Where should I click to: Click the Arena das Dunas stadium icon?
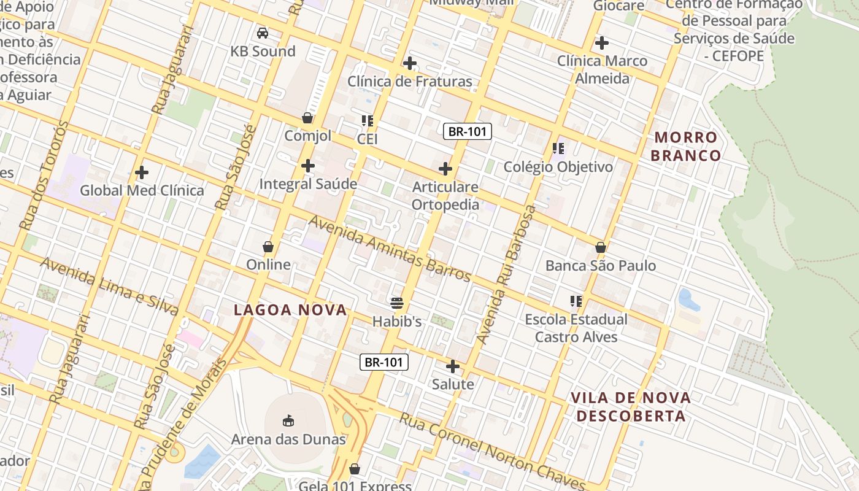pyautogui.click(x=288, y=420)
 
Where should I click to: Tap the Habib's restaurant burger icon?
pyautogui.click(x=397, y=303)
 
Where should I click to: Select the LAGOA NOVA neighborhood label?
pyautogui.click(x=290, y=311)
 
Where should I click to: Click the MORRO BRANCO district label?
pyautogui.click(x=685, y=146)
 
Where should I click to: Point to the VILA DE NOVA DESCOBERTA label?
pyautogui.click(x=631, y=406)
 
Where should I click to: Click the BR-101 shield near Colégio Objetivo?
pyautogui.click(x=468, y=131)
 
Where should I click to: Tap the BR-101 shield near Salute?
pyautogui.click(x=384, y=362)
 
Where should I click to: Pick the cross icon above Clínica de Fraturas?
pyautogui.click(x=409, y=63)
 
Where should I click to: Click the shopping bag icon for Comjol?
pyautogui.click(x=307, y=117)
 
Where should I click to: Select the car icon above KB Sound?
pyautogui.click(x=263, y=33)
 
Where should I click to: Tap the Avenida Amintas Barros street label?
pyautogui.click(x=390, y=248)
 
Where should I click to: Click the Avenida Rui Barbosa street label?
pyautogui.click(x=507, y=274)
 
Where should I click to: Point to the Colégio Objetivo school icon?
pyautogui.click(x=558, y=149)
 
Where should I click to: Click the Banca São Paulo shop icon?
pyautogui.click(x=601, y=247)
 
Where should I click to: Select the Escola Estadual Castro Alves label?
pyautogui.click(x=576, y=328)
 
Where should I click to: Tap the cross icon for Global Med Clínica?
pyautogui.click(x=142, y=172)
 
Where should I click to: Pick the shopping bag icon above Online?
pyautogui.click(x=268, y=247)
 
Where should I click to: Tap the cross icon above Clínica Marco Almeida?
pyautogui.click(x=602, y=43)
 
